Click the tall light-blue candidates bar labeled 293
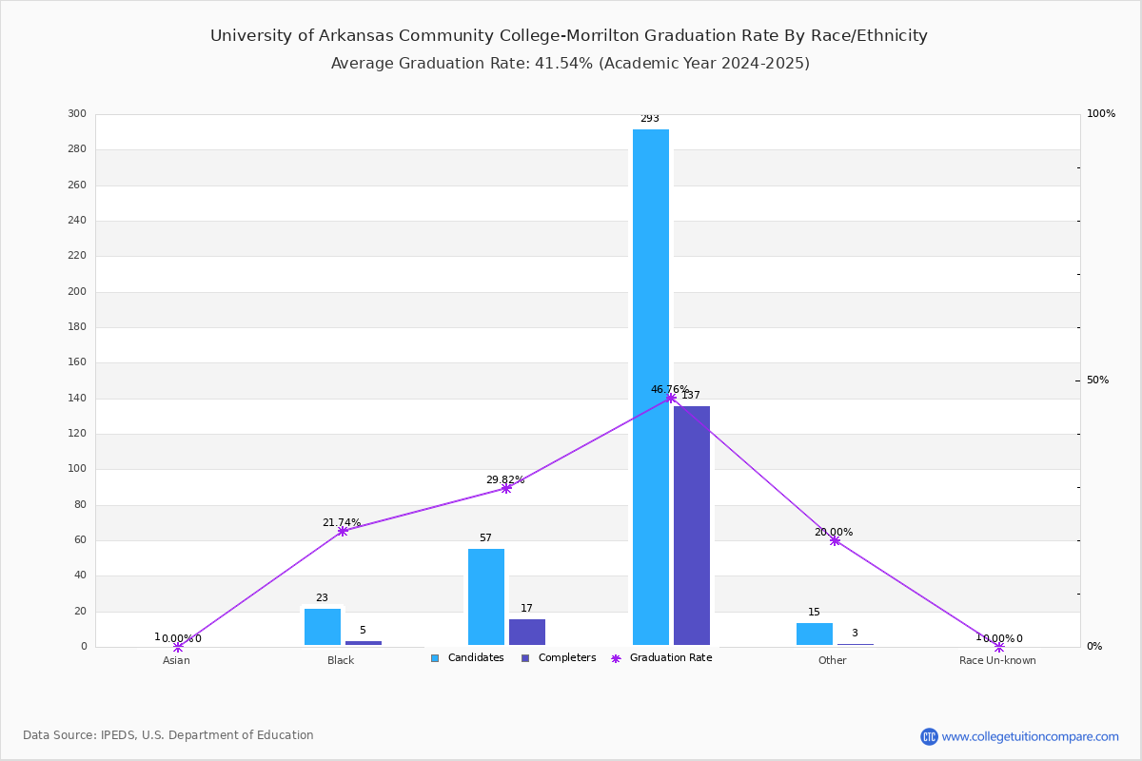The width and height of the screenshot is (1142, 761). (651, 387)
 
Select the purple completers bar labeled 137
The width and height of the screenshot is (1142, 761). (691, 525)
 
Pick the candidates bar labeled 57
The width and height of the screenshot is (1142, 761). (486, 596)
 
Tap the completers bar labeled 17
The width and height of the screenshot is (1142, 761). (526, 632)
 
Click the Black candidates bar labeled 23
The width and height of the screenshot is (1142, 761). (323, 627)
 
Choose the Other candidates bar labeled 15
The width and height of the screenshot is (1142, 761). (815, 634)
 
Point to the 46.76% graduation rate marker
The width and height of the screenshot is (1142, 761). (671, 398)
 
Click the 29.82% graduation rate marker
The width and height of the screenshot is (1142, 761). (505, 488)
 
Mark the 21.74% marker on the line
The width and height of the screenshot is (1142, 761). (343, 531)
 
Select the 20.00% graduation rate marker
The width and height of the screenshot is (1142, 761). (835, 541)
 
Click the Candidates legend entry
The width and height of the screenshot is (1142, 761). (467, 658)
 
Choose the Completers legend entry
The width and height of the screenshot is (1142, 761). (559, 658)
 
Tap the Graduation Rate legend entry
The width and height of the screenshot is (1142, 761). (661, 658)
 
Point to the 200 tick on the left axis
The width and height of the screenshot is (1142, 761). (77, 291)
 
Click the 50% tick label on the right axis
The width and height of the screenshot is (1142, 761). (1097, 380)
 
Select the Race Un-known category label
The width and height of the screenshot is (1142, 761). (997, 660)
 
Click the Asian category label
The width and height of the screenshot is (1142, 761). (176, 660)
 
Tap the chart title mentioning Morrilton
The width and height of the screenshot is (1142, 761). (568, 36)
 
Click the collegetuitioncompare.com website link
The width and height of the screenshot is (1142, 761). (1030, 736)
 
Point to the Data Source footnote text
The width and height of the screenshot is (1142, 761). (168, 735)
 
